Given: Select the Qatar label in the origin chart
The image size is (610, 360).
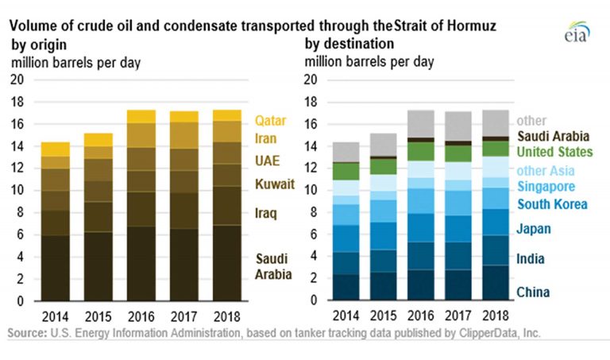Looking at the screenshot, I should [270, 122].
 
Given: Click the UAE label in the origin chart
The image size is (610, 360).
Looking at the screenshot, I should [267, 161].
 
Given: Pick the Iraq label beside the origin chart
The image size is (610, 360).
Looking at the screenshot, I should [267, 214].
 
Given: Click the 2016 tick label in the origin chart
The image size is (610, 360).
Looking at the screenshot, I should [141, 314].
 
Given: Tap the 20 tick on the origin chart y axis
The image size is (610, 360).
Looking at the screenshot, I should [16, 79].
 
